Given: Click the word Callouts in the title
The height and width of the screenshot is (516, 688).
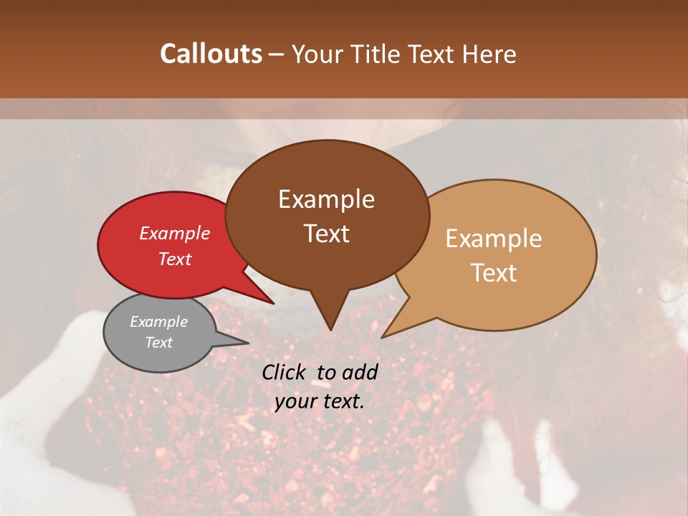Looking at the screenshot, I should click(211, 54).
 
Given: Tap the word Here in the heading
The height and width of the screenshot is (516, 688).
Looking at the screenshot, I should click(489, 54).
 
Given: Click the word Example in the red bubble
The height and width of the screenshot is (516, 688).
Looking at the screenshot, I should click(175, 233).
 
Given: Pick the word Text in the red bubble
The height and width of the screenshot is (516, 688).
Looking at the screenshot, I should click(175, 259).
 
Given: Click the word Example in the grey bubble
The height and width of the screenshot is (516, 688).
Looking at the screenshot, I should click(158, 322).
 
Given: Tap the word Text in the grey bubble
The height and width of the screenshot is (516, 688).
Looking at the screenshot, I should click(158, 343).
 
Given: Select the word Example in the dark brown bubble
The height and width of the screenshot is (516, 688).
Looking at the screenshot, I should click(326, 199).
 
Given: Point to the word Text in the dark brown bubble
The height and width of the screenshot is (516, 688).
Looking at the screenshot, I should click(326, 233).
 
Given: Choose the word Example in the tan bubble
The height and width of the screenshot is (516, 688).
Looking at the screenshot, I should click(494, 239).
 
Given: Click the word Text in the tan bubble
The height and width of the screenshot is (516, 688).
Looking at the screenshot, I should click(494, 272).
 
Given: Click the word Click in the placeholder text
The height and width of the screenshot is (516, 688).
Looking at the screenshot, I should click(284, 372).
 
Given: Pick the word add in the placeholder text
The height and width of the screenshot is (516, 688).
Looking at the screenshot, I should click(360, 372).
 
